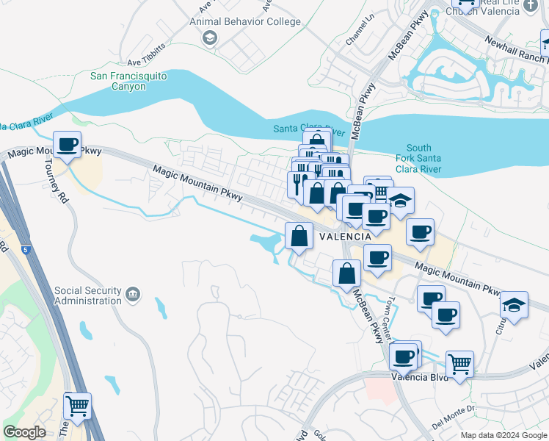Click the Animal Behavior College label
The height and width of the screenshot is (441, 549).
click(x=245, y=21)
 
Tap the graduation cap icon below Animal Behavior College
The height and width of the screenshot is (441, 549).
click(x=210, y=37)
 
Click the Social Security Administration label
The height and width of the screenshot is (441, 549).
click(x=87, y=295)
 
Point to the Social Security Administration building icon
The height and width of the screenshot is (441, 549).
click(x=133, y=295)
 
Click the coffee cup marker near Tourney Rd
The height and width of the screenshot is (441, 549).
click(x=68, y=145)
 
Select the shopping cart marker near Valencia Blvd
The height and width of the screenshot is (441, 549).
click(x=459, y=363)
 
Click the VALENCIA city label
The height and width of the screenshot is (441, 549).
click(x=345, y=237)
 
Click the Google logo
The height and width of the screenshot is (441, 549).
click(x=24, y=432)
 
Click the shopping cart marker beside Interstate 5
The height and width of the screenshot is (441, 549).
click(x=78, y=406)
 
